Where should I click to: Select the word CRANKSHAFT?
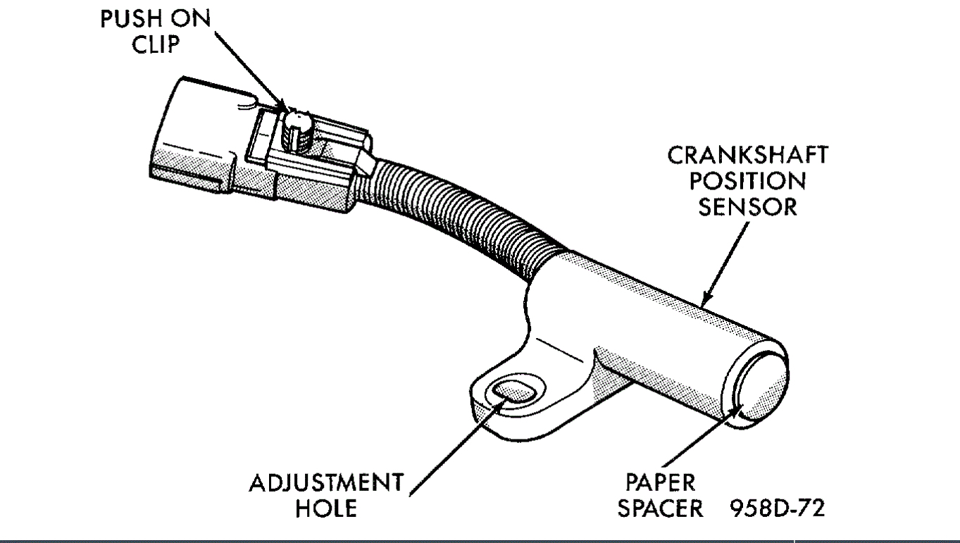coord(747,155)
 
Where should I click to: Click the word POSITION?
coord(747,181)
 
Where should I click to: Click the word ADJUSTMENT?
coord(326,483)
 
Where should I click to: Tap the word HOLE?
coord(326,509)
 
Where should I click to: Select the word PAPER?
coord(660,483)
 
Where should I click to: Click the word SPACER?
coord(660,509)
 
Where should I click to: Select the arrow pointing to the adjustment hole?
coord(458,444)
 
